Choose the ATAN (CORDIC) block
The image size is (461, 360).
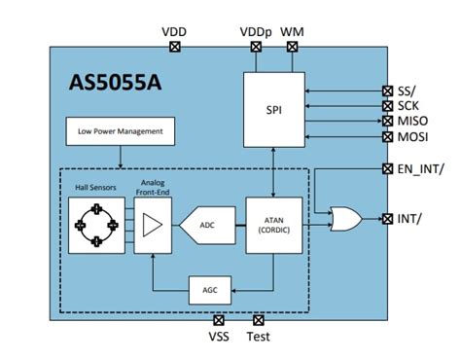273,224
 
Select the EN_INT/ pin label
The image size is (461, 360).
422,170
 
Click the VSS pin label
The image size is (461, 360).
220,339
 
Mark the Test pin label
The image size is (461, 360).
259,339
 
